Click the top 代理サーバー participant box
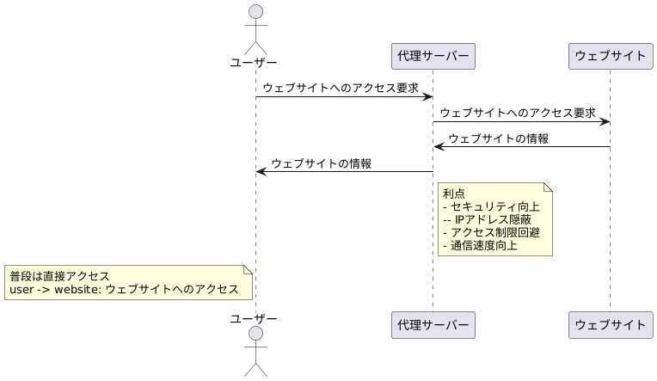point(433,56)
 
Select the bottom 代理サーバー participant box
point(433,325)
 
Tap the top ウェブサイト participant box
point(610,56)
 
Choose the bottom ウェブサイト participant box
point(610,325)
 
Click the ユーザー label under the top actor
point(255,62)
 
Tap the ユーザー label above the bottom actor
point(255,319)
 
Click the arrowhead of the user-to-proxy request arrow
point(427,96)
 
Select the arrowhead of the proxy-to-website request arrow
point(605,121)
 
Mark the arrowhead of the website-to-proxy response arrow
point(439,147)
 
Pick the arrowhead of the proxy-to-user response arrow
point(261,172)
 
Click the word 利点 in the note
point(453,194)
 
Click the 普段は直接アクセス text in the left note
point(60,276)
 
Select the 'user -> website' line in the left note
point(124,289)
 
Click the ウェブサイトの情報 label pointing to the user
point(322,163)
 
